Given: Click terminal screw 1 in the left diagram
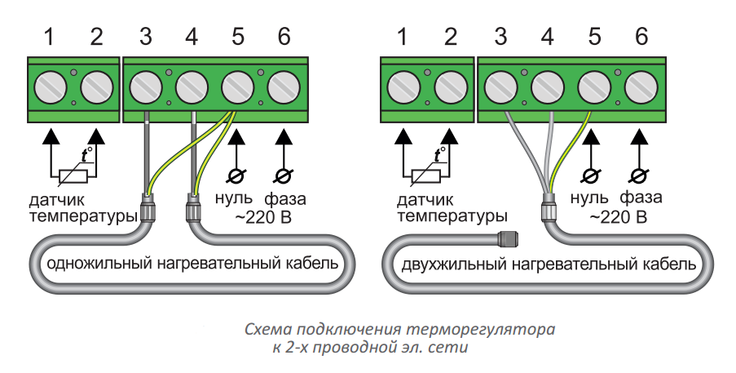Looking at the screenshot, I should point(51,85).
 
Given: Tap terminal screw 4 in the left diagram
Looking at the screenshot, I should point(192,85).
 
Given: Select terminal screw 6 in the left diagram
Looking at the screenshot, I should point(284,85).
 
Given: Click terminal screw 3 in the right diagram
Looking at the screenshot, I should point(501,85).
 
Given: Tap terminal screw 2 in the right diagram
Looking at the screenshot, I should point(451,85).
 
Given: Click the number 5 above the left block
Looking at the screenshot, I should point(238,37).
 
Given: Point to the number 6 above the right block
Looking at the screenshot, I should point(641,37).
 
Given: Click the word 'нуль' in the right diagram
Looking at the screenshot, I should point(589,198).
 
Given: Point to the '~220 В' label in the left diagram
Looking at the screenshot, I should point(263,218).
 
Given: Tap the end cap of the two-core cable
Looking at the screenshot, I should point(509,240).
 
